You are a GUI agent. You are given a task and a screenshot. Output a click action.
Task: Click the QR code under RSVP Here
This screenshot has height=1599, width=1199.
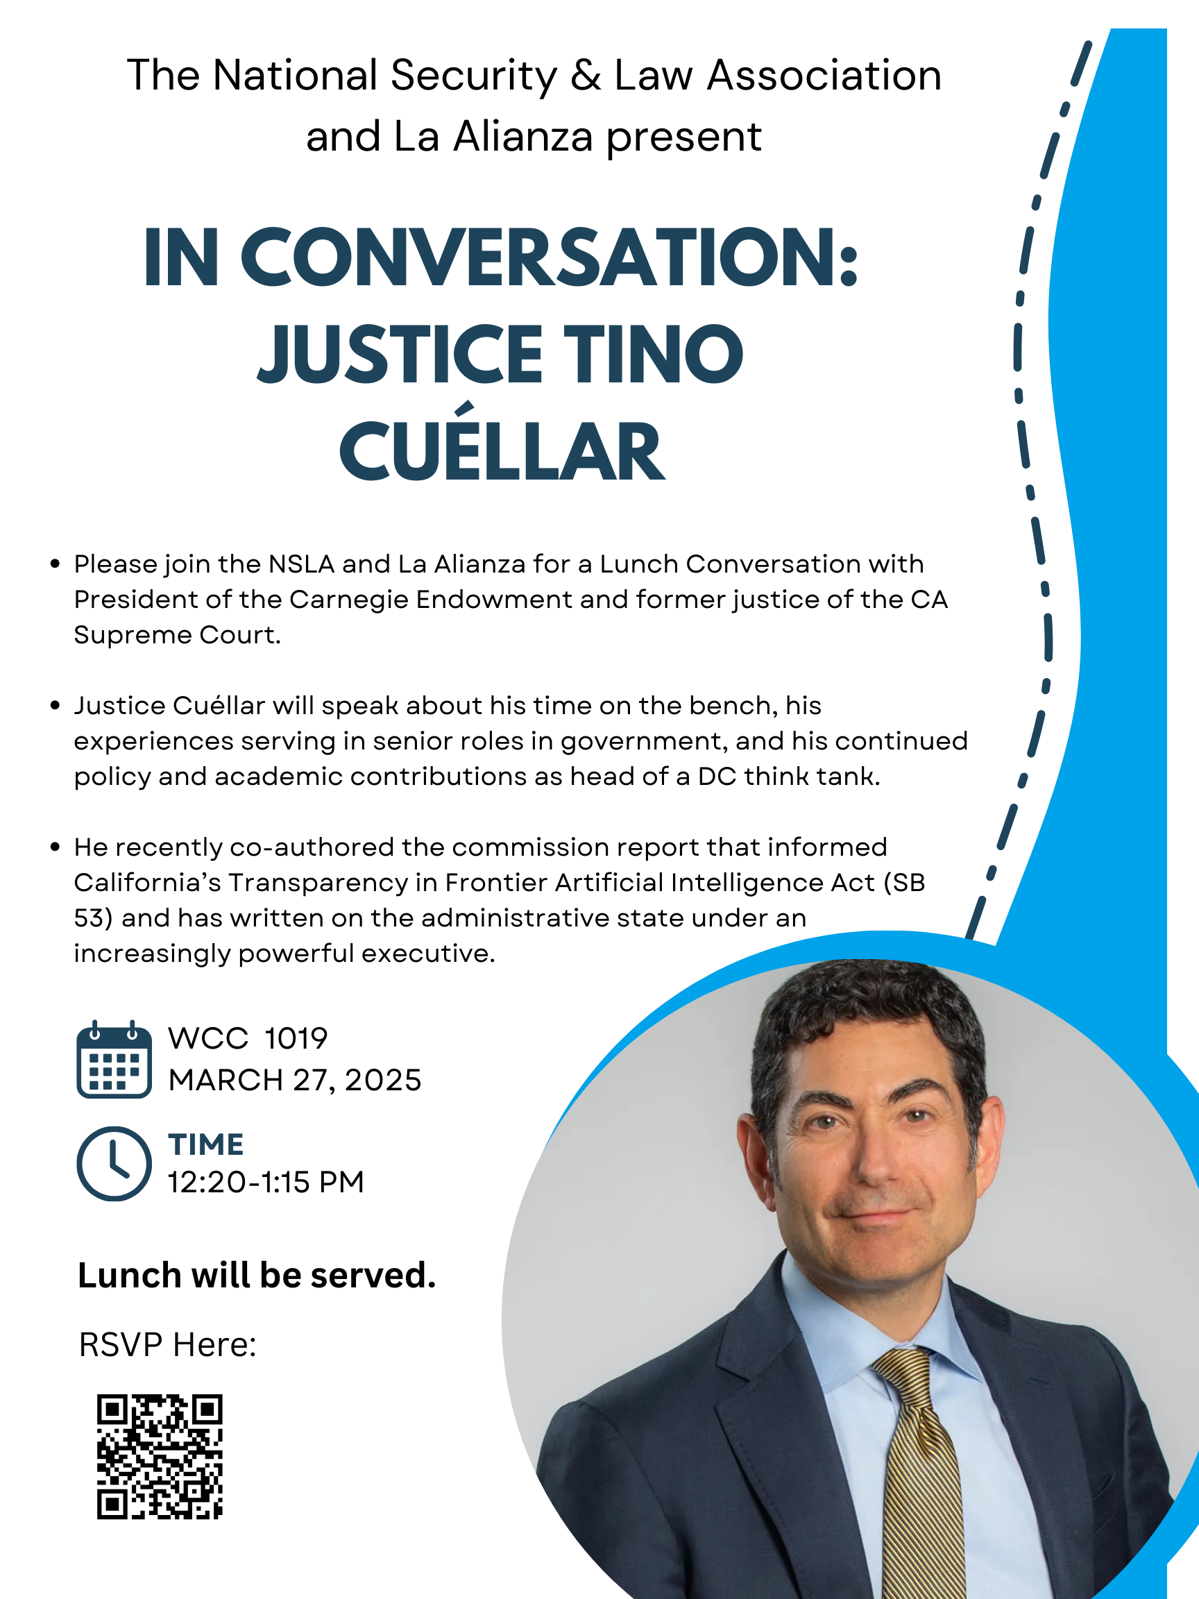click(160, 1456)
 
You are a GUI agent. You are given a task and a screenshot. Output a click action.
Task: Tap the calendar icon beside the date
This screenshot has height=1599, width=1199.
click(114, 1059)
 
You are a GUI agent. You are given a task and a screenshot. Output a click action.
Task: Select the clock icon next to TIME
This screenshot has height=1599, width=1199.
click(114, 1163)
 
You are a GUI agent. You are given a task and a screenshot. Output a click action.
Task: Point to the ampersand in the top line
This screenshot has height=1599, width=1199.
click(586, 75)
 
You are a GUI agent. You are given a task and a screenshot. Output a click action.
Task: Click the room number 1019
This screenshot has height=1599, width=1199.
click(296, 1039)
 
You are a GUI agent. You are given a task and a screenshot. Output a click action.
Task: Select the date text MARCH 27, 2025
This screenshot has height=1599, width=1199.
click(295, 1081)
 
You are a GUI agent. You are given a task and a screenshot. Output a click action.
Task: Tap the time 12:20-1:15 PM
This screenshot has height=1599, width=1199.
click(266, 1183)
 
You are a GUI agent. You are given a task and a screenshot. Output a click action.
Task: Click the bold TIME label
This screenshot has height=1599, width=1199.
click(206, 1145)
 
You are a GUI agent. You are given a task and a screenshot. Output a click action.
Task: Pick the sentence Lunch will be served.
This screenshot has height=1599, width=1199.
click(257, 1275)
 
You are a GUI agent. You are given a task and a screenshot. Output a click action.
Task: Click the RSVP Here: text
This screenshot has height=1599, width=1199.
click(168, 1344)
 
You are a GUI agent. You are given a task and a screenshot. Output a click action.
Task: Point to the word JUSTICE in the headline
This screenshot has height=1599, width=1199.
click(400, 353)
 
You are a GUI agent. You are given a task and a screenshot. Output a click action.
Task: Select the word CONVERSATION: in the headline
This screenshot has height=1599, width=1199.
click(550, 257)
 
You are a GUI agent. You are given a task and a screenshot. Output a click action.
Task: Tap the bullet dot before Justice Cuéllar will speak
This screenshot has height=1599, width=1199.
click(55, 706)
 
